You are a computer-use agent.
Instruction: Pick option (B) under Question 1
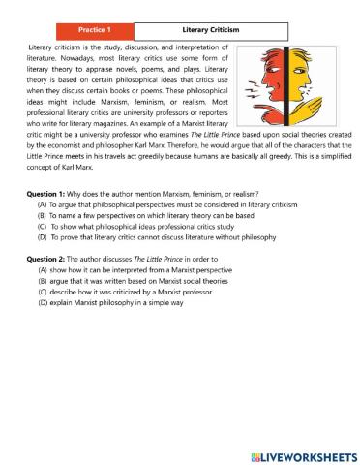(x=42, y=218)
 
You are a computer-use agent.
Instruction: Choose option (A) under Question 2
(x=42, y=270)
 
